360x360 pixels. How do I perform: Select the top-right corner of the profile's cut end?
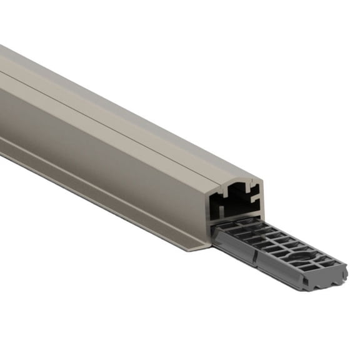[x=261, y=179]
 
